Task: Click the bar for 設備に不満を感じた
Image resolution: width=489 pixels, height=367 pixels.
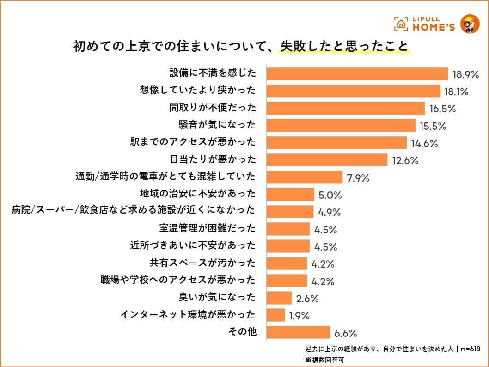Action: (357, 74)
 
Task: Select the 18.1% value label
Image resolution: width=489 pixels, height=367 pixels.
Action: (456, 92)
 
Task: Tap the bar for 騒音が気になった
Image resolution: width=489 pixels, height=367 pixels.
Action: (341, 125)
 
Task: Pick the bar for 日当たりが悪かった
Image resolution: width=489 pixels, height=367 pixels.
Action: (327, 160)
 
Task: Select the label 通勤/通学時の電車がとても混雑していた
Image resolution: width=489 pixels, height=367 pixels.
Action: (165, 177)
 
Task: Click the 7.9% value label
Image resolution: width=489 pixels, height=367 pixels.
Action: (357, 178)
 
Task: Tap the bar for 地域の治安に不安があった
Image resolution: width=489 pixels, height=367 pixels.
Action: (290, 194)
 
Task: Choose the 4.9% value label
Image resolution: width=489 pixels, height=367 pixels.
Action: (329, 213)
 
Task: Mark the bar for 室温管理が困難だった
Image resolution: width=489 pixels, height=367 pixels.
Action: (288, 229)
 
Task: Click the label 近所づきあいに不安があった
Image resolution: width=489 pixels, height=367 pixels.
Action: (193, 245)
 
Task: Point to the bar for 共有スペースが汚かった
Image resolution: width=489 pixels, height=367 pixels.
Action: (287, 263)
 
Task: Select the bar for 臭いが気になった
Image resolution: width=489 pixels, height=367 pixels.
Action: (279, 298)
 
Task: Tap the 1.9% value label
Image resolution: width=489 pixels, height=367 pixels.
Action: (299, 316)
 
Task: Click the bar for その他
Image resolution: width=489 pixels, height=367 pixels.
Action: (298, 332)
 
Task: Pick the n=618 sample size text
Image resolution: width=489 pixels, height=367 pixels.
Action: (470, 349)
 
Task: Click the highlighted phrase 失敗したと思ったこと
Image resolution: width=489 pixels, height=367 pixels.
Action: (344, 47)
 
